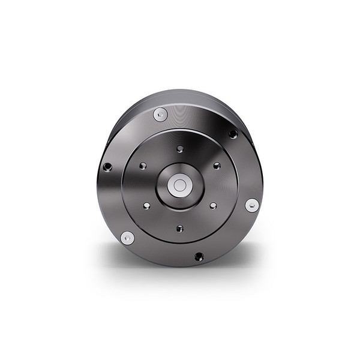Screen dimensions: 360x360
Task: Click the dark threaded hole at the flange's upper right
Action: [x=233, y=134]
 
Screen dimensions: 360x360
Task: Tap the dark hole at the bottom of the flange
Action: [x=199, y=257]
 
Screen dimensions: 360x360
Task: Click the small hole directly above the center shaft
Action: [x=179, y=147]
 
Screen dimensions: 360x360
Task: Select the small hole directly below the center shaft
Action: [x=179, y=227]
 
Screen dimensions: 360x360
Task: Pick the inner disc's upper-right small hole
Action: [x=214, y=166]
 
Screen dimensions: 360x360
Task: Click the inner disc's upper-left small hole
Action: [x=143, y=166]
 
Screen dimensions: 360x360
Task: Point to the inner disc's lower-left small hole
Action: [x=145, y=207]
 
